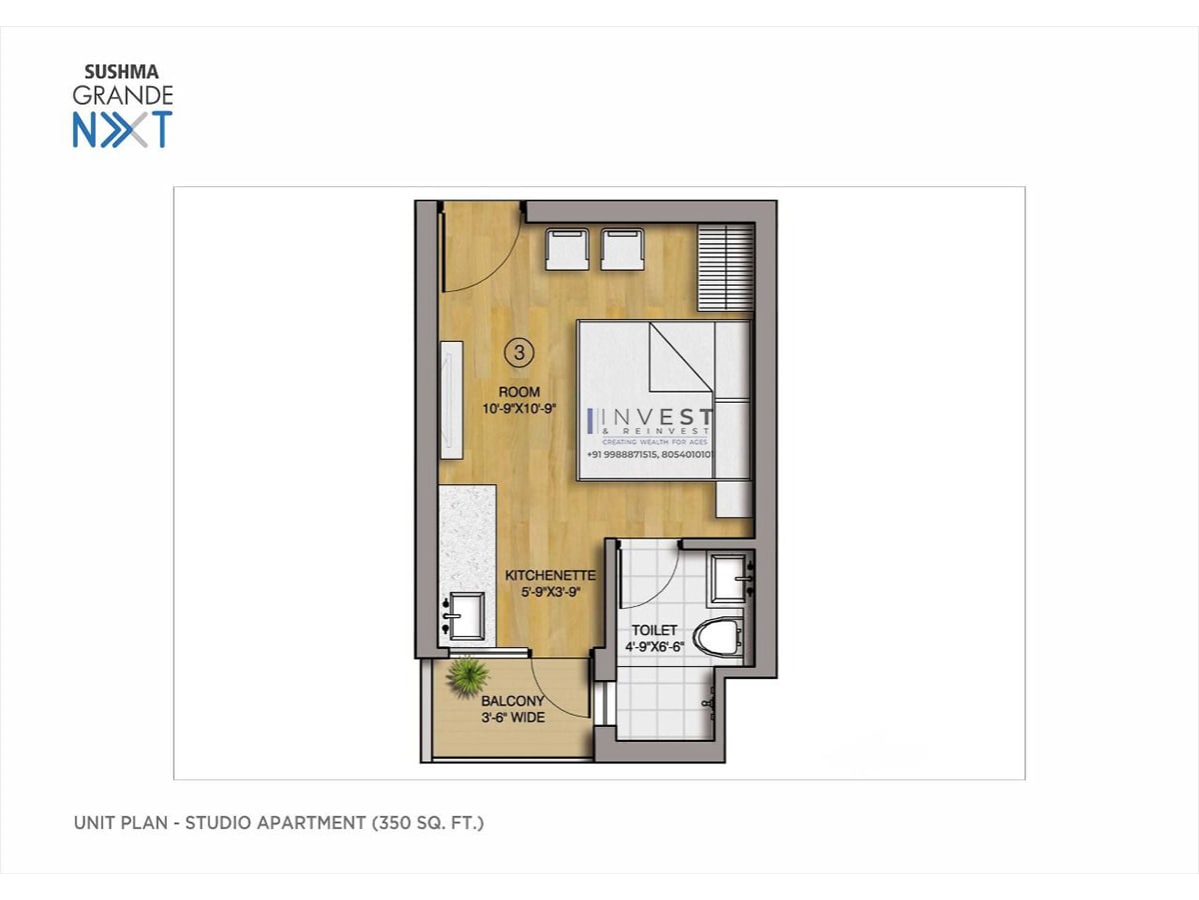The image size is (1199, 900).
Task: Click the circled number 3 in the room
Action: [x=519, y=352]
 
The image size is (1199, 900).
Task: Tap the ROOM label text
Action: [x=519, y=392]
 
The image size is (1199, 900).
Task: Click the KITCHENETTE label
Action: [x=551, y=575]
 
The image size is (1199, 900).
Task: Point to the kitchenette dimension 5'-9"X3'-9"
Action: [x=551, y=592]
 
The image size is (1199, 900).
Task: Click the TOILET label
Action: [x=654, y=630]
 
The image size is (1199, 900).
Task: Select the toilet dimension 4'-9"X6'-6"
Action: [x=654, y=647]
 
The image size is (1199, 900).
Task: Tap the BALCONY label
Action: [x=513, y=701]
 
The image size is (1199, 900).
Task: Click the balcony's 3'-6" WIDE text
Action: [x=513, y=717]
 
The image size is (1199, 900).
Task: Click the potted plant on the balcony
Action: [x=467, y=678]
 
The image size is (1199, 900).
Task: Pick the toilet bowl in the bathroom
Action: [x=718, y=637]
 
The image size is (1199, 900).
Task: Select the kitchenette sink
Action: [x=465, y=616]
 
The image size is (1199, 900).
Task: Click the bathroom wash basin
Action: [x=730, y=579]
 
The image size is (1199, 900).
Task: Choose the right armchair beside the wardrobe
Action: [x=622, y=249]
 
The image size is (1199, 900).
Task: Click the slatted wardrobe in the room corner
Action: [x=725, y=267]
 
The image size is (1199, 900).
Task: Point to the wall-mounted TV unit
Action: [x=452, y=400]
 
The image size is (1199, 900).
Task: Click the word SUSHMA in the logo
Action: [x=121, y=72]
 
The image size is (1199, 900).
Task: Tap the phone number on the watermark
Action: [x=650, y=454]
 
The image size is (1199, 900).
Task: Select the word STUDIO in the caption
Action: [x=218, y=823]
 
